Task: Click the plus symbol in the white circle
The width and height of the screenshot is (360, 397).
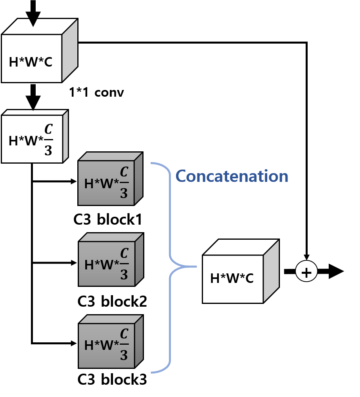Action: pyautogui.click(x=306, y=272)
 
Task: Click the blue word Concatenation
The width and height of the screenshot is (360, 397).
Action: pyautogui.click(x=232, y=176)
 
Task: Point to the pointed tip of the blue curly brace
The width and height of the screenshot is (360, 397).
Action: pyautogui.click(x=196, y=266)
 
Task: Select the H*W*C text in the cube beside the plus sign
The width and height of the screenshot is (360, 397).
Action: pyautogui.click(x=232, y=279)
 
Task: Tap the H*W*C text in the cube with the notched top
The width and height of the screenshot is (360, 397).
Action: pyautogui.click(x=31, y=62)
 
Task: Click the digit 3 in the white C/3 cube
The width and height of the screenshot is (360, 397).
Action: pyautogui.click(x=48, y=151)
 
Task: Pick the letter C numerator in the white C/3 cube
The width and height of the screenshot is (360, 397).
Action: pyautogui.click(x=48, y=130)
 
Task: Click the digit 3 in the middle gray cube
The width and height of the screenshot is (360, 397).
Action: pyautogui.click(x=124, y=275)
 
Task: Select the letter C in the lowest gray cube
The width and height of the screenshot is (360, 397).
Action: pyautogui.click(x=124, y=334)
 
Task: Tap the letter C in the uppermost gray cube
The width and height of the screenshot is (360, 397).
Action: pyautogui.click(x=124, y=172)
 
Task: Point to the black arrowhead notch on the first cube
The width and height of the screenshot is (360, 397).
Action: pyautogui.click(x=33, y=22)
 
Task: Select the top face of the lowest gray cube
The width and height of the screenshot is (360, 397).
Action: pyautogui.click(x=111, y=319)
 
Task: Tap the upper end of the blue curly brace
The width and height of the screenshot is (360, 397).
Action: pyautogui.click(x=152, y=163)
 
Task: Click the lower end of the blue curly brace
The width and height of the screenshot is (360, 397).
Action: pyautogui.click(x=152, y=372)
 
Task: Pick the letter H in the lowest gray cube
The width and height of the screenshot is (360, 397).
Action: pyautogui.click(x=89, y=345)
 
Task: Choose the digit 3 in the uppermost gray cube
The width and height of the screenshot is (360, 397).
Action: pyautogui.click(x=124, y=193)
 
